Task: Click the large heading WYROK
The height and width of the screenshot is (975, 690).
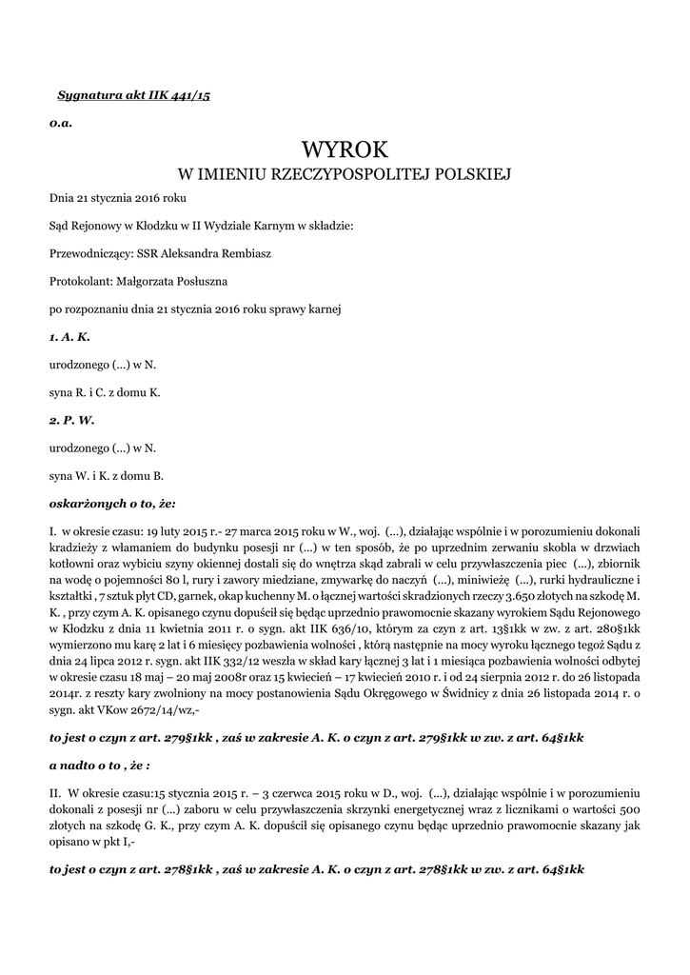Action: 345,150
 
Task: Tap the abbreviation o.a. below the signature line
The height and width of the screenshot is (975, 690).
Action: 61,124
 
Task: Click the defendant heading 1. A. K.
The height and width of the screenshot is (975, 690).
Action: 69,337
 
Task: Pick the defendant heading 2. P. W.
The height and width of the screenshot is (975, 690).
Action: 71,419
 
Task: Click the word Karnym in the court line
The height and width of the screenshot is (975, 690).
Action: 272,226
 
